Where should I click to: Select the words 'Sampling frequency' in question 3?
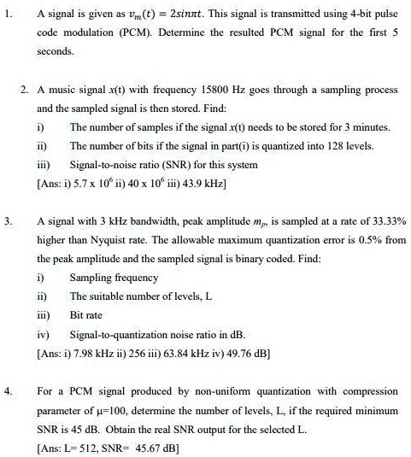coord(114,278)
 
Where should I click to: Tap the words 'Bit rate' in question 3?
coord(87,314)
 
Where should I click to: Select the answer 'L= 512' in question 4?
coord(87,447)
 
